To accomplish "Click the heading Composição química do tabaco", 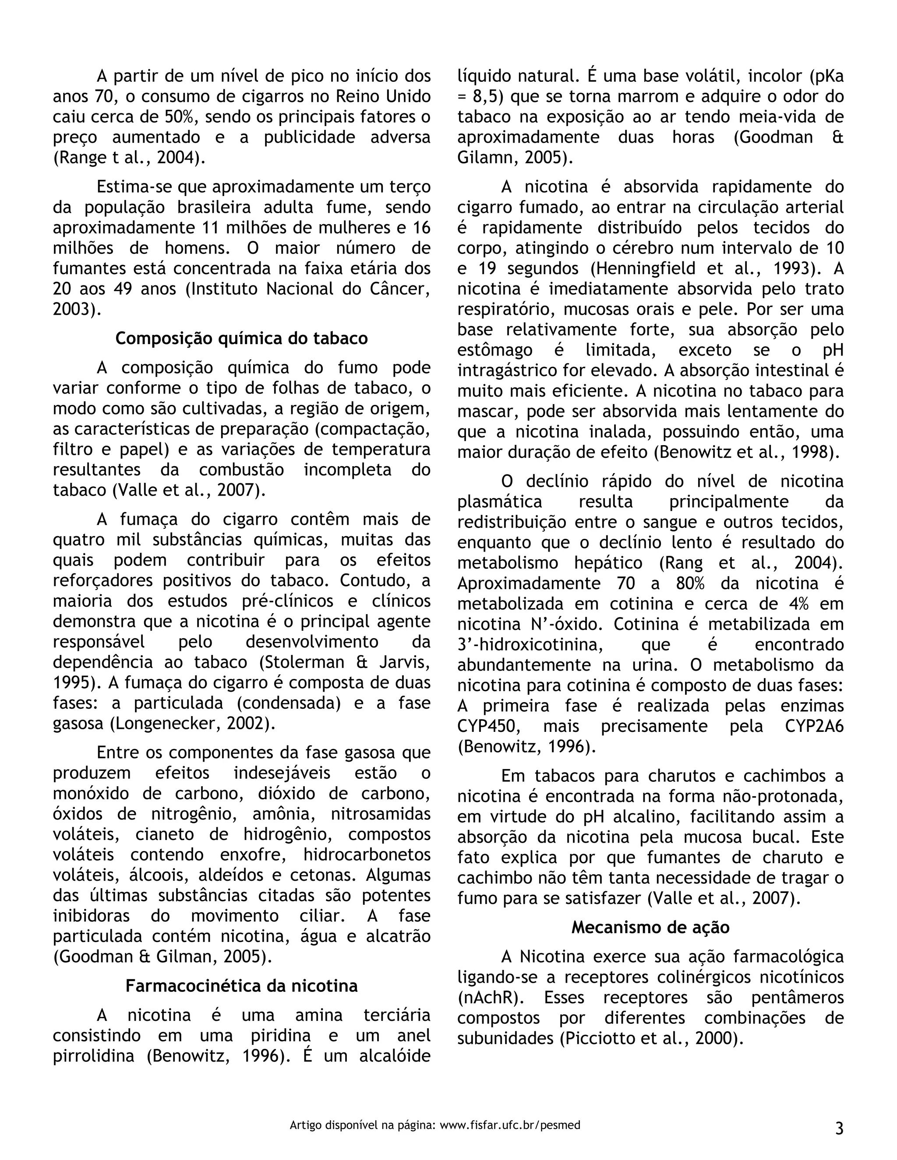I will point(241,338).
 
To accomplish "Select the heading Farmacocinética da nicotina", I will point(241,986).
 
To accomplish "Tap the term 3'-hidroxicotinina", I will point(530,645).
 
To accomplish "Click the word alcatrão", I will point(398,936).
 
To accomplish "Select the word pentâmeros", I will point(797,998).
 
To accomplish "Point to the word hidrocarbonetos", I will point(367,854).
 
